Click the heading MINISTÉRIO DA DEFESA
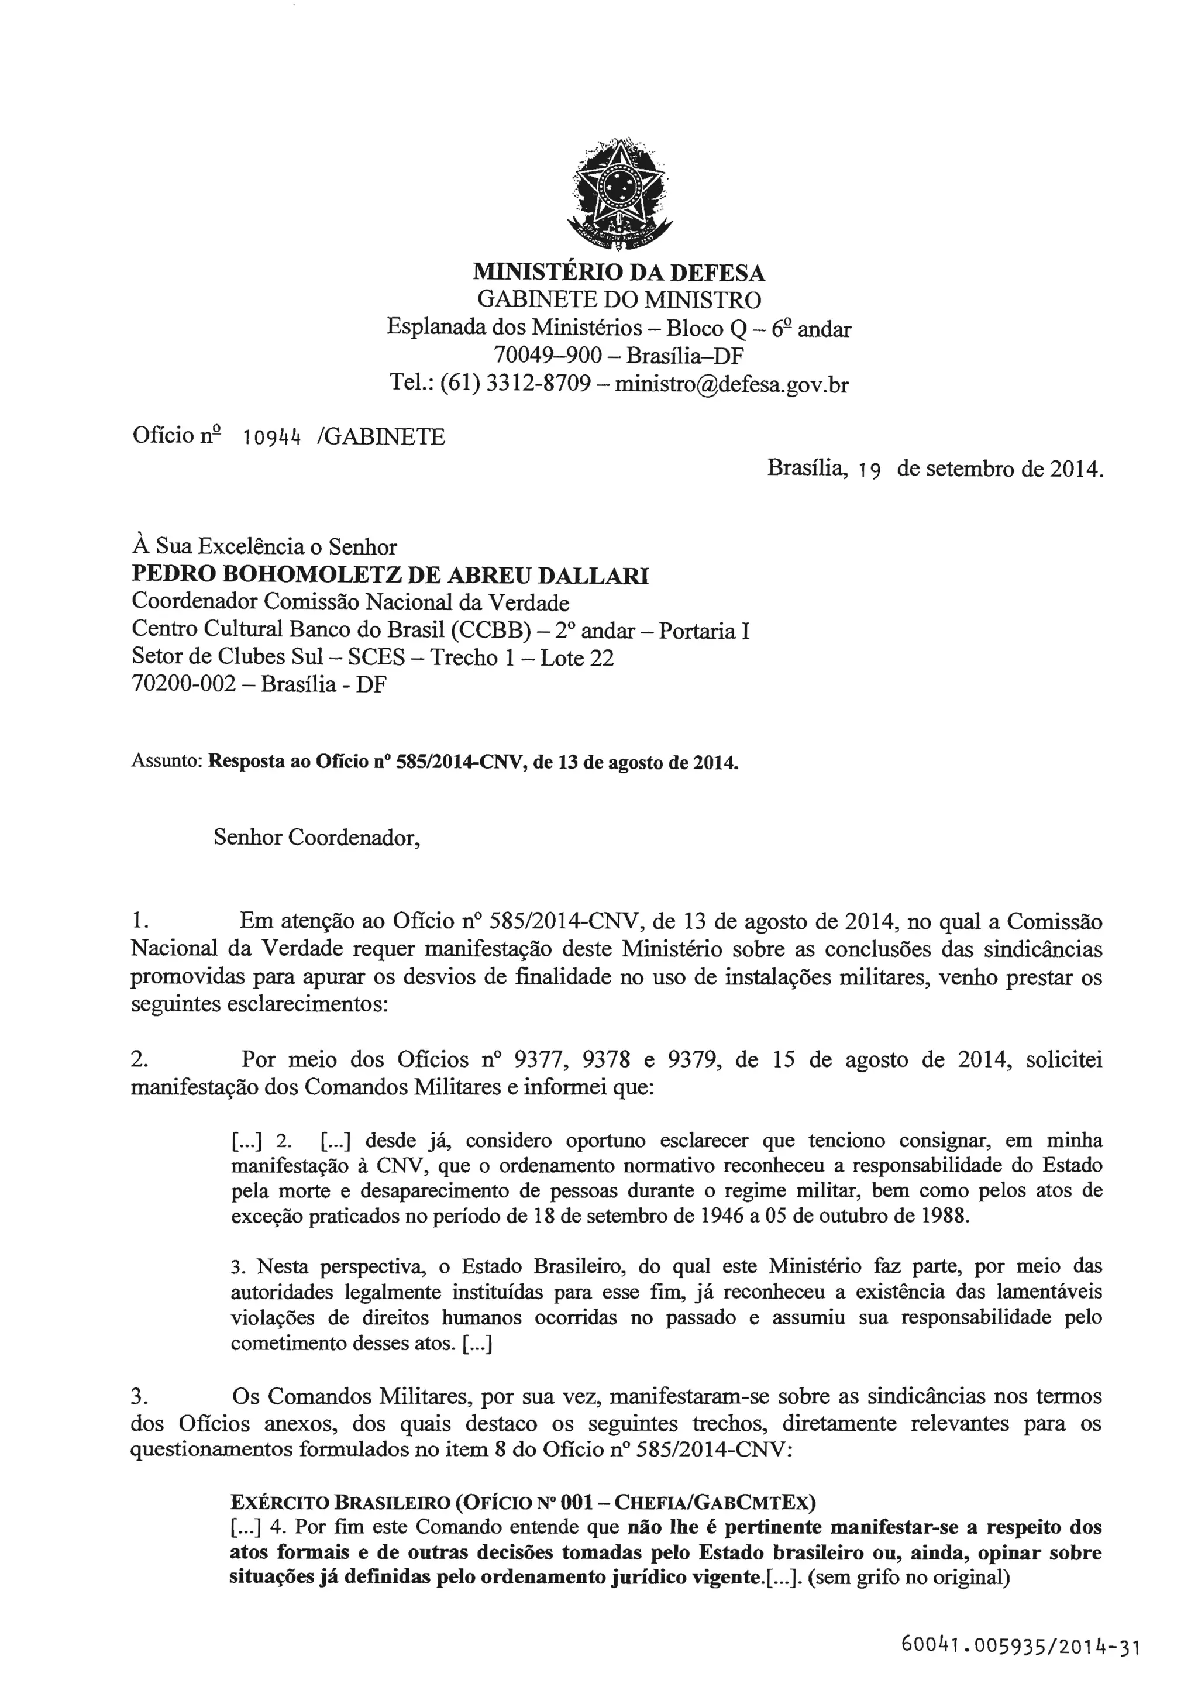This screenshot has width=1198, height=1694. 619,273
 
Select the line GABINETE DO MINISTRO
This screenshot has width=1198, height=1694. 619,299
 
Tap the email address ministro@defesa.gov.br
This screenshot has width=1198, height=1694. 732,384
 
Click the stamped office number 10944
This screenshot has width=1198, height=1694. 272,438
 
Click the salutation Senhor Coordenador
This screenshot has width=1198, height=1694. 317,838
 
